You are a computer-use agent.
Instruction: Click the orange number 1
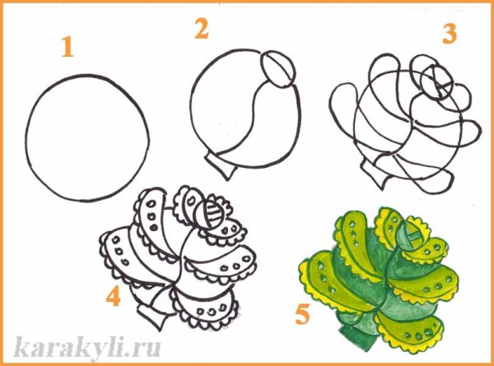[68, 47]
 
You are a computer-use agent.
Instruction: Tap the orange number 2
[202, 28]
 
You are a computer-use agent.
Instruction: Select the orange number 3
[450, 35]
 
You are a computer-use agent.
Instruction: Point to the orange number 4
[114, 296]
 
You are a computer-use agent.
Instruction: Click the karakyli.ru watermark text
[87, 347]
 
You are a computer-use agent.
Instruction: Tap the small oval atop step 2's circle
[278, 68]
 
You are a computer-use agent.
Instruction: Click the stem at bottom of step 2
[221, 165]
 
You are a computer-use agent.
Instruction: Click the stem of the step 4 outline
[152, 317]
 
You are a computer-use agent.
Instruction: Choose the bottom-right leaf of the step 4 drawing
[205, 307]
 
